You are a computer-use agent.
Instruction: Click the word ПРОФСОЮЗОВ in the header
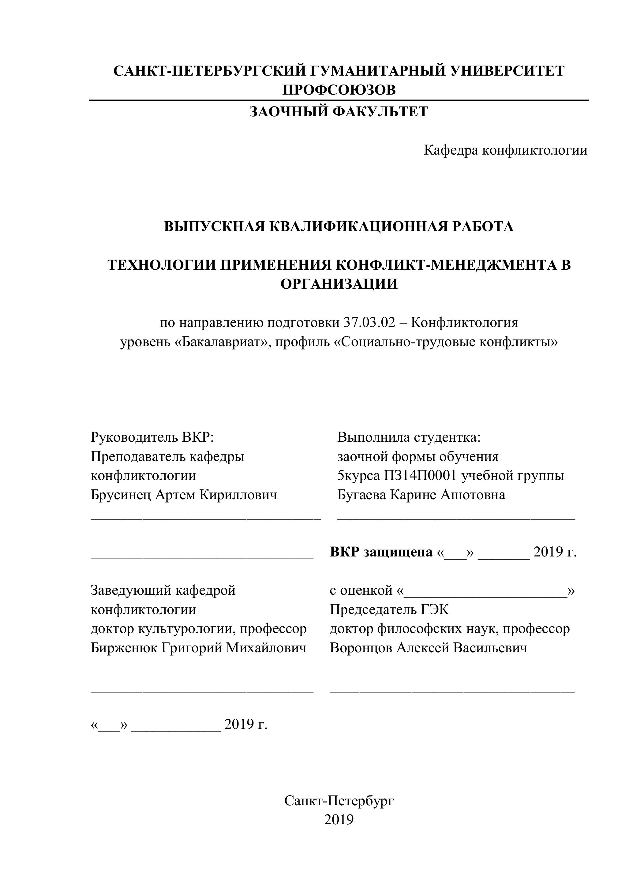coord(339,90)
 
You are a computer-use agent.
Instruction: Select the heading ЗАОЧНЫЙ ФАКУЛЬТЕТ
coord(339,112)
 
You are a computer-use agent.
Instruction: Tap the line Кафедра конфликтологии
coord(506,150)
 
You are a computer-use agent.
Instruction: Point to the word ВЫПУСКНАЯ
coord(215,227)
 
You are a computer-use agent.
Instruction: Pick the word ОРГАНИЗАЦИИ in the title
coord(339,284)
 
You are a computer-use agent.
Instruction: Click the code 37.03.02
coord(369,323)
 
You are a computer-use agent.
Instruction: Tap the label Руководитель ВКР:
coord(152,437)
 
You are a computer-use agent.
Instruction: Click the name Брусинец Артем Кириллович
coord(184,495)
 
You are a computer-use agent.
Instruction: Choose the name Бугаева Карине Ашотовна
coord(421,495)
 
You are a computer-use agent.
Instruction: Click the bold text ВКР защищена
coord(381,552)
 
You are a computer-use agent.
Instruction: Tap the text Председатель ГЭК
coord(389,610)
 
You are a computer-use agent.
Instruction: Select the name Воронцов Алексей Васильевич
coord(428,648)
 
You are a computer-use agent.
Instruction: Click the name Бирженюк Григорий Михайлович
coord(198,648)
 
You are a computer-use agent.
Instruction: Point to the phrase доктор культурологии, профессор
coord(198,629)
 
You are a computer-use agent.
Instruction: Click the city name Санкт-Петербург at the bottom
coord(339,801)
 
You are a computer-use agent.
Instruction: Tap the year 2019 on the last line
coord(339,820)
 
